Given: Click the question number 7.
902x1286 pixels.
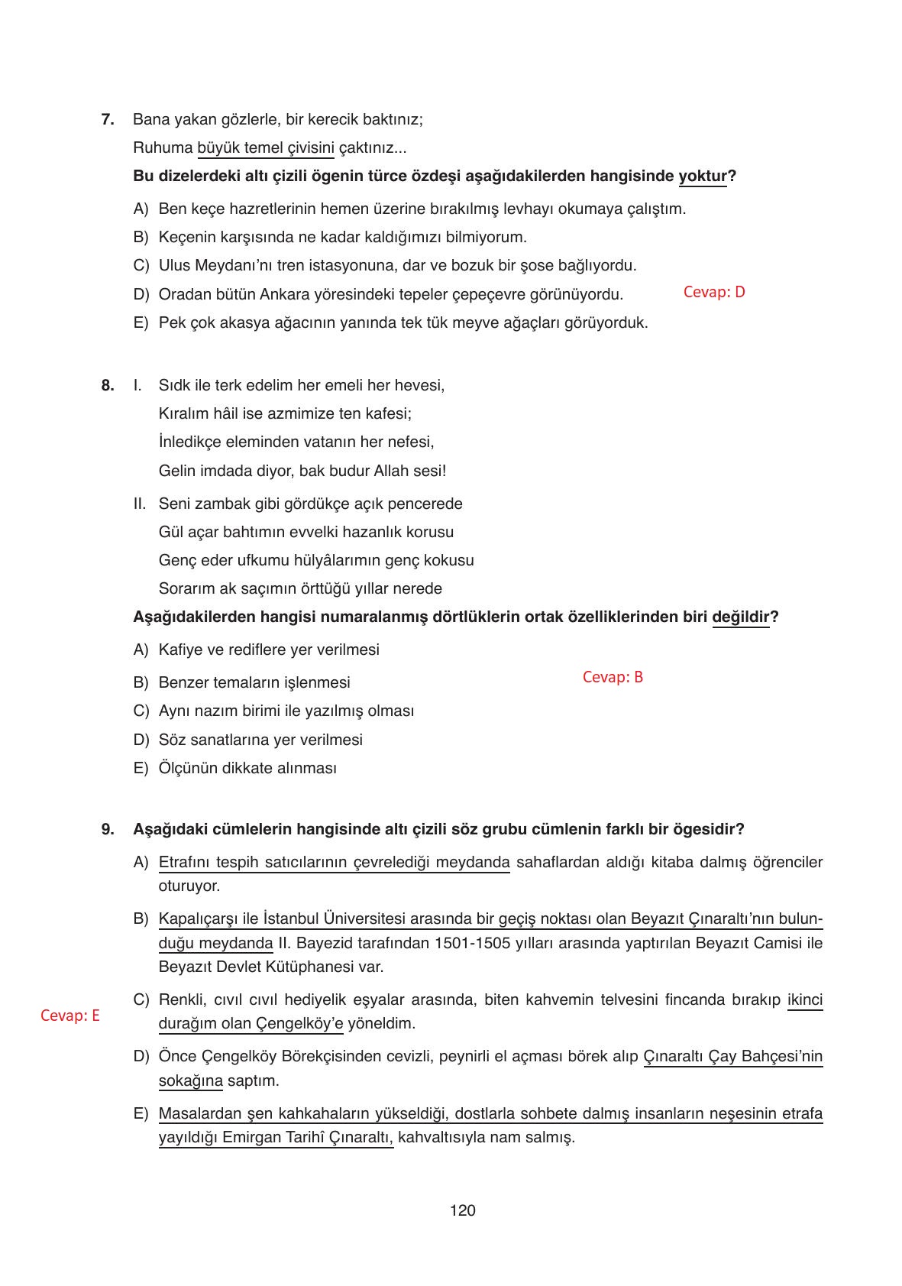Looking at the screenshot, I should pyautogui.click(x=108, y=119).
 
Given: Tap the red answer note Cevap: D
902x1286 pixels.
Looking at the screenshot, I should pyautogui.click(x=713, y=292).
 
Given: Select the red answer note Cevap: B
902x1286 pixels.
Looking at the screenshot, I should pyautogui.click(x=613, y=677).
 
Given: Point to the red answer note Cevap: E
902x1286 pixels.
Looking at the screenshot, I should pyautogui.click(x=70, y=1016).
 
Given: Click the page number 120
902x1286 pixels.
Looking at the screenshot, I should pyautogui.click(x=463, y=1211).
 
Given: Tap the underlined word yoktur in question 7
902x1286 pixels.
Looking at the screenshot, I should pyautogui.click(x=703, y=177).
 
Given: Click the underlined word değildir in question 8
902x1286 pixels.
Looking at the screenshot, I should pyautogui.click(x=740, y=617).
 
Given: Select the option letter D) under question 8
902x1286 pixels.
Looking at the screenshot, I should pyautogui.click(x=141, y=740).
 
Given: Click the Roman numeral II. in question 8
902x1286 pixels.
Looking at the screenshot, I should pyautogui.click(x=139, y=504).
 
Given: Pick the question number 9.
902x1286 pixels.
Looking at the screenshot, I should pyautogui.click(x=108, y=829).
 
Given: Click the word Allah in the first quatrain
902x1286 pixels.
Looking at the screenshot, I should pyautogui.click(x=391, y=471).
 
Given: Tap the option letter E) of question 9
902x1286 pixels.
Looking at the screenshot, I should pyautogui.click(x=141, y=1114).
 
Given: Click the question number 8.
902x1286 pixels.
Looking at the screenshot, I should pyautogui.click(x=108, y=385).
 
